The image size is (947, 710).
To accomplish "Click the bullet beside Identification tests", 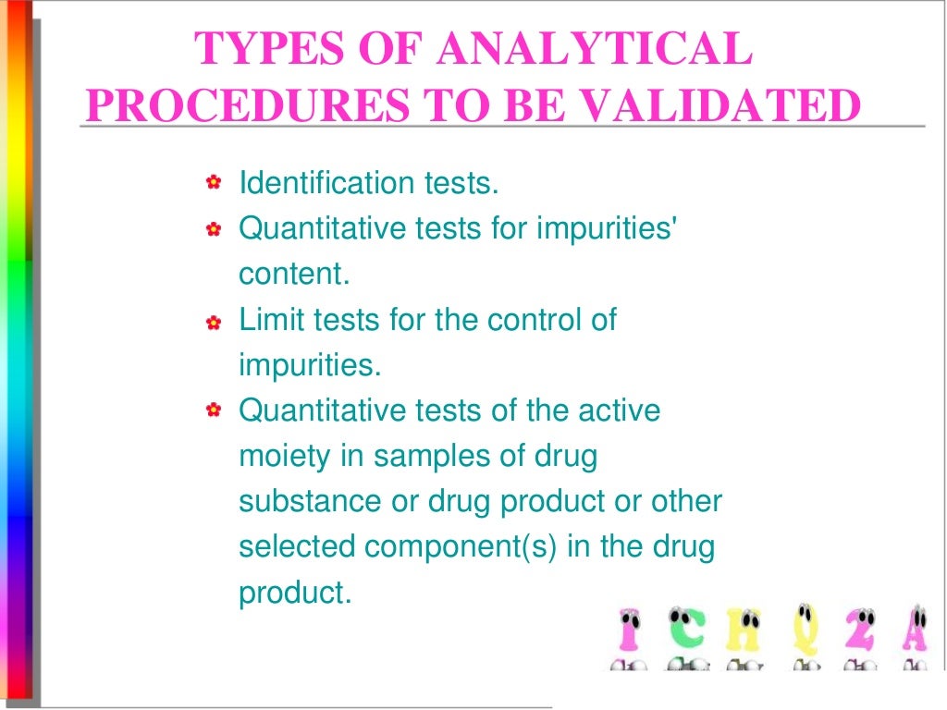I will [x=214, y=183].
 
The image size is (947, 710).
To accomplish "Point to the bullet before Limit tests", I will [x=214, y=323].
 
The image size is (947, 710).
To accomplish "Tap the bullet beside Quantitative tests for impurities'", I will [x=214, y=228].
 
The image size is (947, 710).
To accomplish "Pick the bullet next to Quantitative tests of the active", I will [x=214, y=410].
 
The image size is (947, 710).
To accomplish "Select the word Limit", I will [x=266, y=321].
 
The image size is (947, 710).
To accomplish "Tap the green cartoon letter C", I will [x=684, y=632].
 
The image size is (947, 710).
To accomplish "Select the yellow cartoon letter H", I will [x=742, y=632].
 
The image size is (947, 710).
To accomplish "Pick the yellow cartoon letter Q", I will [x=802, y=632].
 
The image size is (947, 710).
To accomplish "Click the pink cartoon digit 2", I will [x=860, y=632].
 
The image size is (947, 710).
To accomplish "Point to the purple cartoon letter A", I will [x=917, y=632].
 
